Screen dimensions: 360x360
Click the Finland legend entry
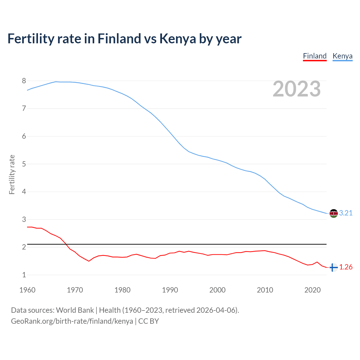click(x=314, y=56)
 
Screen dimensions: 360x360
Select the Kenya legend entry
click(x=342, y=56)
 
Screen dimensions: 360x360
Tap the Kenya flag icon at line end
click(x=334, y=213)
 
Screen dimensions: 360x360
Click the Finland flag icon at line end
click(x=333, y=267)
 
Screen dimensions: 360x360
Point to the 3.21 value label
click(x=346, y=213)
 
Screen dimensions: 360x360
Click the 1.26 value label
click(x=346, y=267)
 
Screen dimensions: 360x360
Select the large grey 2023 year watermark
click(x=296, y=89)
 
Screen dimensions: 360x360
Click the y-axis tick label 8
click(x=24, y=81)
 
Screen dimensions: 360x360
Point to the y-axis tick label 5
click(x=24, y=164)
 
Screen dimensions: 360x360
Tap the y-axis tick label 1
click(x=24, y=275)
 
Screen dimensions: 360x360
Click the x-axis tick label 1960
click(x=27, y=290)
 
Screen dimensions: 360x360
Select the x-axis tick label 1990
click(x=170, y=290)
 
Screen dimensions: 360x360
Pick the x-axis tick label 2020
click(x=312, y=290)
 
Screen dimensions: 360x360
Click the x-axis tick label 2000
click(x=217, y=290)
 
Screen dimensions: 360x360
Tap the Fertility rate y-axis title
click(x=12, y=174)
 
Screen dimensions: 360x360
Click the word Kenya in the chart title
click(x=177, y=39)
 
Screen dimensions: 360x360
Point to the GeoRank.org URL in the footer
click(x=72, y=321)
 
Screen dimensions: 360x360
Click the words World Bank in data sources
click(x=75, y=310)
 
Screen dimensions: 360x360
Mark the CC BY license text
click(x=148, y=321)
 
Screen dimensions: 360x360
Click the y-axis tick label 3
click(x=24, y=219)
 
